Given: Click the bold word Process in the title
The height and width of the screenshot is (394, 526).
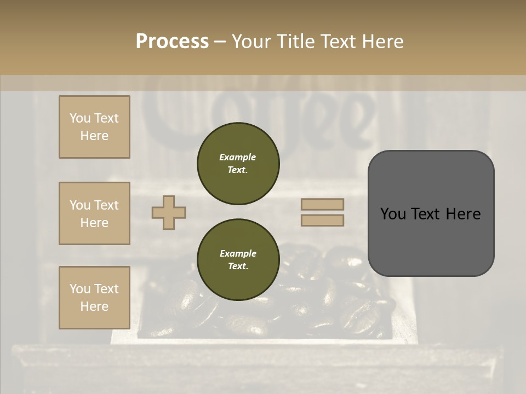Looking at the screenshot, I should pos(172,41).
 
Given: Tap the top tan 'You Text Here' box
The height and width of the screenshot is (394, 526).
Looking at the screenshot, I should pos(94,127).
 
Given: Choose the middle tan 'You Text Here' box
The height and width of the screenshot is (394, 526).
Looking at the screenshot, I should pos(94,213).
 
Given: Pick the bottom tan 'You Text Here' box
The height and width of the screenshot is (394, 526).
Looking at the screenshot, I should pos(94,297).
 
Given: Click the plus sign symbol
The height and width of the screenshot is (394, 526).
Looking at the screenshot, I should pos(169,212).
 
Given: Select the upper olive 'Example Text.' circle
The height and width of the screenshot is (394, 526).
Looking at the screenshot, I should pos(238,164).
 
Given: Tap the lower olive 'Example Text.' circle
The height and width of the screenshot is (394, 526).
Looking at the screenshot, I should pos(238,260).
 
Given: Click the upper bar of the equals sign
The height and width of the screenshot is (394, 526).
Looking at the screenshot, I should pos(322,204).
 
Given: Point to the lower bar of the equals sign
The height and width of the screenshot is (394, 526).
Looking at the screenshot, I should pos(322,221).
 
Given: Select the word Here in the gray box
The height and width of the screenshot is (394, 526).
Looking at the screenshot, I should pos(463,214).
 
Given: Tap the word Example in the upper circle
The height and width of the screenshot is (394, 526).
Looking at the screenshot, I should pos(238,157).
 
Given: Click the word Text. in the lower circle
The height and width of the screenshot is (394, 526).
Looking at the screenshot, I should pos(238,266).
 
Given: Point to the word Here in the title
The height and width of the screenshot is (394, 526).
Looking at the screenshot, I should pos(382,41).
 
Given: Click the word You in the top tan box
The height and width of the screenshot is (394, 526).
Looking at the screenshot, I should pos(80,118).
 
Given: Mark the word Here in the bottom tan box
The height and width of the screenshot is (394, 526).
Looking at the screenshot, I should pos(94,306).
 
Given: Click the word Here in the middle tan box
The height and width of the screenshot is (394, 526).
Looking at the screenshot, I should pos(94,223).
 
